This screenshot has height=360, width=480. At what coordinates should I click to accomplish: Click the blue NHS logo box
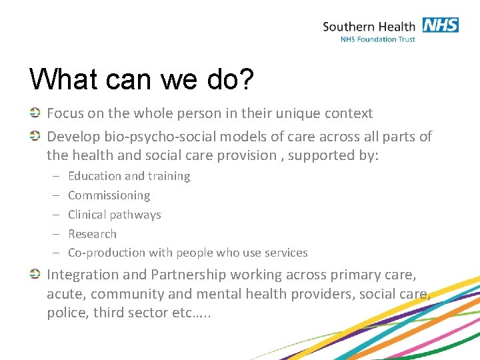point(440,25)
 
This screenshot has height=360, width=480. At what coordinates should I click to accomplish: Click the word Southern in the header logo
point(349,27)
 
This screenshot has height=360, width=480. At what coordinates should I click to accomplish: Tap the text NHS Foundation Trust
point(377,39)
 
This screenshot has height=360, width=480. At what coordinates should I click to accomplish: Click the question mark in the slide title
point(246,79)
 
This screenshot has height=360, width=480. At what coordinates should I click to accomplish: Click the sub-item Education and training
point(129,176)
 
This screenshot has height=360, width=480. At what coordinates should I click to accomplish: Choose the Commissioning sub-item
point(109,195)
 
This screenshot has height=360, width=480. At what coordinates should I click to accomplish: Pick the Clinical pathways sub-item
point(114,215)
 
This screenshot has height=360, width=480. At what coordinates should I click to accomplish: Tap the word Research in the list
point(92,234)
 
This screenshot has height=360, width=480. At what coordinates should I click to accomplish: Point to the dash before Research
point(55,234)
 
